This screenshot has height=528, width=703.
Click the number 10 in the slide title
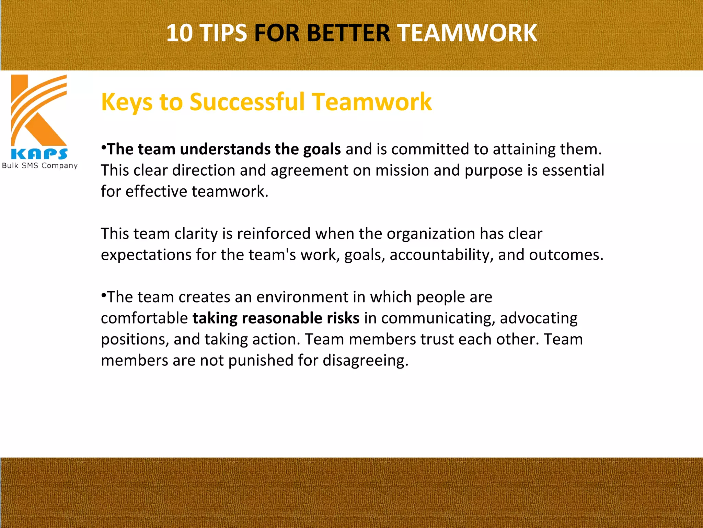coord(179,33)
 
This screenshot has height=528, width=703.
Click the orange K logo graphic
coord(39,110)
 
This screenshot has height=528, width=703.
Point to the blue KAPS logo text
coord(39,154)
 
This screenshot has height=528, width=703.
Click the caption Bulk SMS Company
coord(40,166)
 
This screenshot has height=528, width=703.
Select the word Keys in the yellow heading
coord(127,102)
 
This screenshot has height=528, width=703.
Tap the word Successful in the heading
coord(247,102)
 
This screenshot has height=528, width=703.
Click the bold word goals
coord(322,150)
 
